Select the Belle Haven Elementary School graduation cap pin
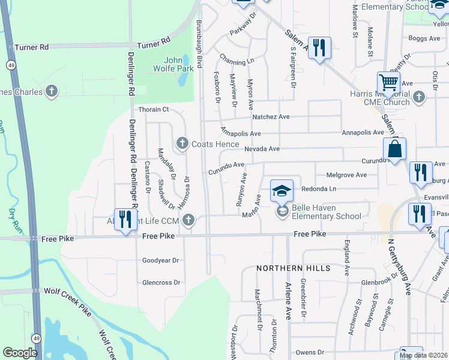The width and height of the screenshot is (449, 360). (282, 191)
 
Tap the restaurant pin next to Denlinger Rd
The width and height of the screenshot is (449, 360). (124, 219)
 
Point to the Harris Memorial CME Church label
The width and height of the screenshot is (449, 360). (381, 99)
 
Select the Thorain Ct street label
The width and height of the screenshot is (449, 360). (154, 109)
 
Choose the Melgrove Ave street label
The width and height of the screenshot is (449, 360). (346, 175)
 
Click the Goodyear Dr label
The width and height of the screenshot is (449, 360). (161, 260)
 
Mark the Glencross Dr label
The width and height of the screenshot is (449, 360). (161, 282)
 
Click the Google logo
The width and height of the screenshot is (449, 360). (20, 353)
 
